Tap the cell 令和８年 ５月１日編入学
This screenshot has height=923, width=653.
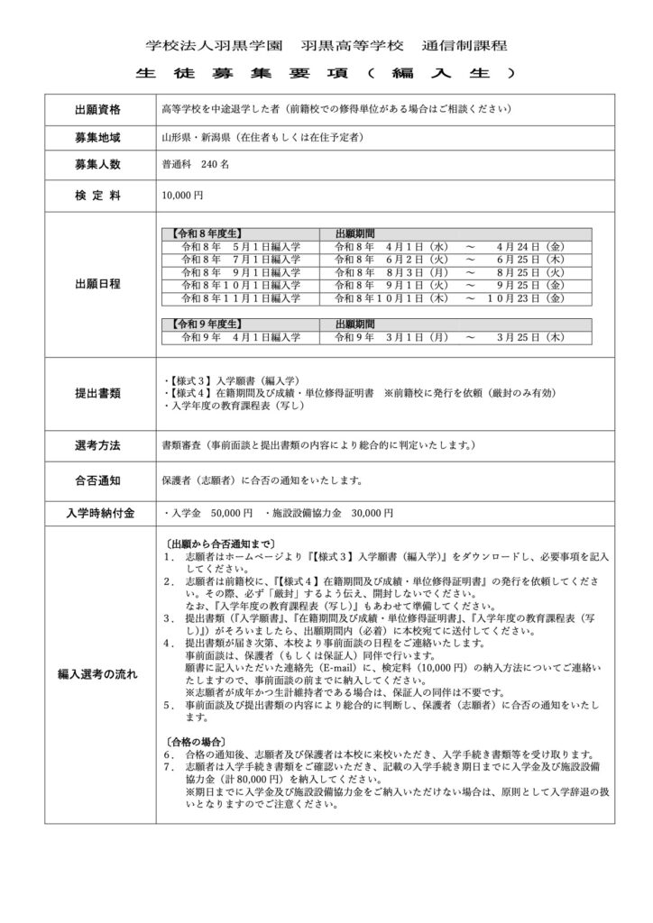click(241, 245)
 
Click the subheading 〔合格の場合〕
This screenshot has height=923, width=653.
click(194, 740)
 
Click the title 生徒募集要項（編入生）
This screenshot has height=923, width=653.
click(326, 71)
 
